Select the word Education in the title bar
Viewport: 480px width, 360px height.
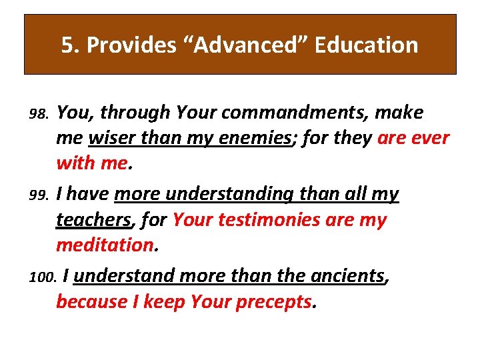click(367, 45)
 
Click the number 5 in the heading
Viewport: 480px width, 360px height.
click(66, 45)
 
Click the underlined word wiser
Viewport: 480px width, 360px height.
click(114, 139)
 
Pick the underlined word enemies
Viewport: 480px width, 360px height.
click(253, 139)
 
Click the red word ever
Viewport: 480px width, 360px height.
click(433, 139)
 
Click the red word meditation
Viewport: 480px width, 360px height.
click(105, 245)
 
